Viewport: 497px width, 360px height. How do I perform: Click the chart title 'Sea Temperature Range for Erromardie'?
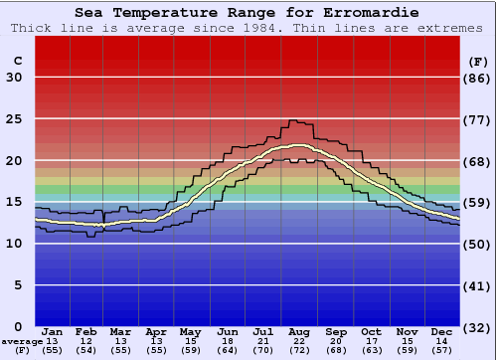(x=246, y=12)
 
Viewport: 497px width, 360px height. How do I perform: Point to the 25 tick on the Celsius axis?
(x=15, y=119)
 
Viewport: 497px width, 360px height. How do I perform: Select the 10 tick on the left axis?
(x=15, y=244)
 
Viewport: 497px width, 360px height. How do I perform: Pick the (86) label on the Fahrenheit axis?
(x=478, y=78)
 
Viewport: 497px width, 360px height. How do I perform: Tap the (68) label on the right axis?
(x=478, y=161)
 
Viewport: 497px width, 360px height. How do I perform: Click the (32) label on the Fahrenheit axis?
(x=478, y=327)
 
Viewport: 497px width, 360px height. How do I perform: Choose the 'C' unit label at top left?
(x=17, y=62)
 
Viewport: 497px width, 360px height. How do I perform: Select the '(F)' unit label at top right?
(x=478, y=62)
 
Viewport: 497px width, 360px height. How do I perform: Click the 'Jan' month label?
(x=53, y=331)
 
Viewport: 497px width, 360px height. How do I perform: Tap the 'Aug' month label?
(x=300, y=331)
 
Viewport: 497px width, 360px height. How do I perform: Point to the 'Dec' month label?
(x=441, y=331)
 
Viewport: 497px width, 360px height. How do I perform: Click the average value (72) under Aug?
(x=300, y=351)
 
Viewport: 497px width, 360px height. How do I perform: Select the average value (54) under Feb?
(x=87, y=351)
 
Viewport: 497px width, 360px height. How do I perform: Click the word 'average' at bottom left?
(x=22, y=341)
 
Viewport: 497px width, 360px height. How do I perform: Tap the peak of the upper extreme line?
(x=292, y=120)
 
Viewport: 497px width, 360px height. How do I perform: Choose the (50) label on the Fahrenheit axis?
(x=478, y=244)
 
